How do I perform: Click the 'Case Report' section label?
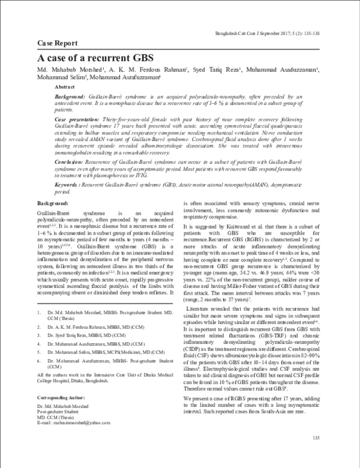point(58,44)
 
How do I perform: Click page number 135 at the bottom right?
point(324,440)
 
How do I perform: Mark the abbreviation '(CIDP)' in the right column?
point(194,355)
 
